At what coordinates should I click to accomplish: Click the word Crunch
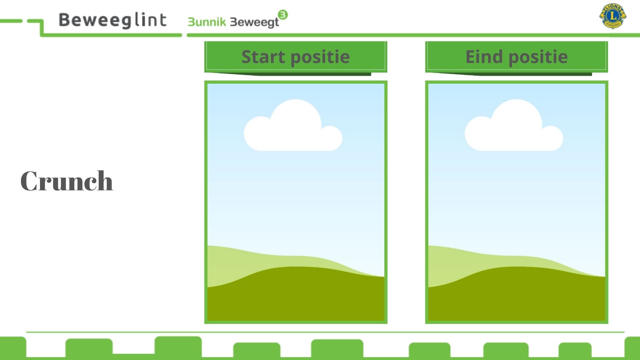click(67, 181)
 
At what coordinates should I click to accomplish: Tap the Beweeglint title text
click(113, 20)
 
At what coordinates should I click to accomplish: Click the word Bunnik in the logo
click(207, 22)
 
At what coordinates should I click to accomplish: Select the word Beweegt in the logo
click(255, 22)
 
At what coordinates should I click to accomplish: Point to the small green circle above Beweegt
click(283, 15)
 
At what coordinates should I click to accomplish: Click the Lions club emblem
click(613, 16)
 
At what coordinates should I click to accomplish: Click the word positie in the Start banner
click(320, 57)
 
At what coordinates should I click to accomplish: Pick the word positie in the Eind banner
click(538, 57)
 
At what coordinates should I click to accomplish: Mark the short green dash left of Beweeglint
click(11, 21)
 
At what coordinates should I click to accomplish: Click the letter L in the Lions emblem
click(613, 16)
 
